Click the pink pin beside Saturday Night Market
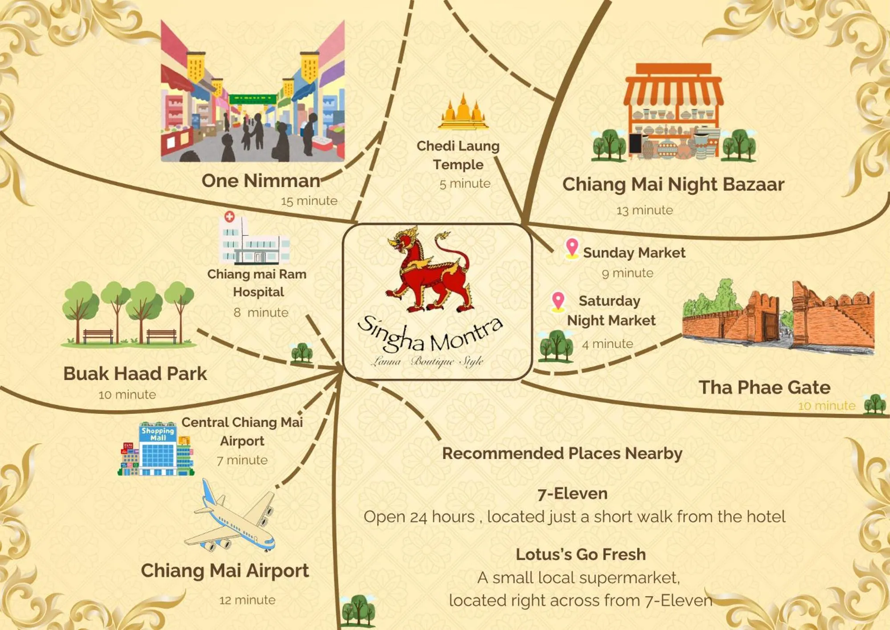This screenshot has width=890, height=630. (558, 301)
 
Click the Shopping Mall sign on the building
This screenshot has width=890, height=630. (158, 434)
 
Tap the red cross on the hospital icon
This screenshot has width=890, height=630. (229, 217)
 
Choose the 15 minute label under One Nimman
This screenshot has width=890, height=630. (309, 201)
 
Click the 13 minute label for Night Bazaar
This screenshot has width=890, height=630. (644, 210)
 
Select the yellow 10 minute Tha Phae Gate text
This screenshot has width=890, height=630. (826, 406)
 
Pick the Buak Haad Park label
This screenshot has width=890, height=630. (135, 374)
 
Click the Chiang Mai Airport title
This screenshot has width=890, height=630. (225, 571)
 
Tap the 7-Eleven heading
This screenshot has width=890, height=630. (572, 494)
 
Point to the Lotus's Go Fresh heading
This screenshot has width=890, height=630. (581, 554)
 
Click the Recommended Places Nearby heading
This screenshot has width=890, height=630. (562, 454)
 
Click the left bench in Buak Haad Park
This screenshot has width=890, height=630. (98, 335)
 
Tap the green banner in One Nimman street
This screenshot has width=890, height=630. (252, 98)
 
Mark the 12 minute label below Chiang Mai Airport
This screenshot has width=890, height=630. (247, 600)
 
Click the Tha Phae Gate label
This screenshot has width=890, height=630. (764, 388)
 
